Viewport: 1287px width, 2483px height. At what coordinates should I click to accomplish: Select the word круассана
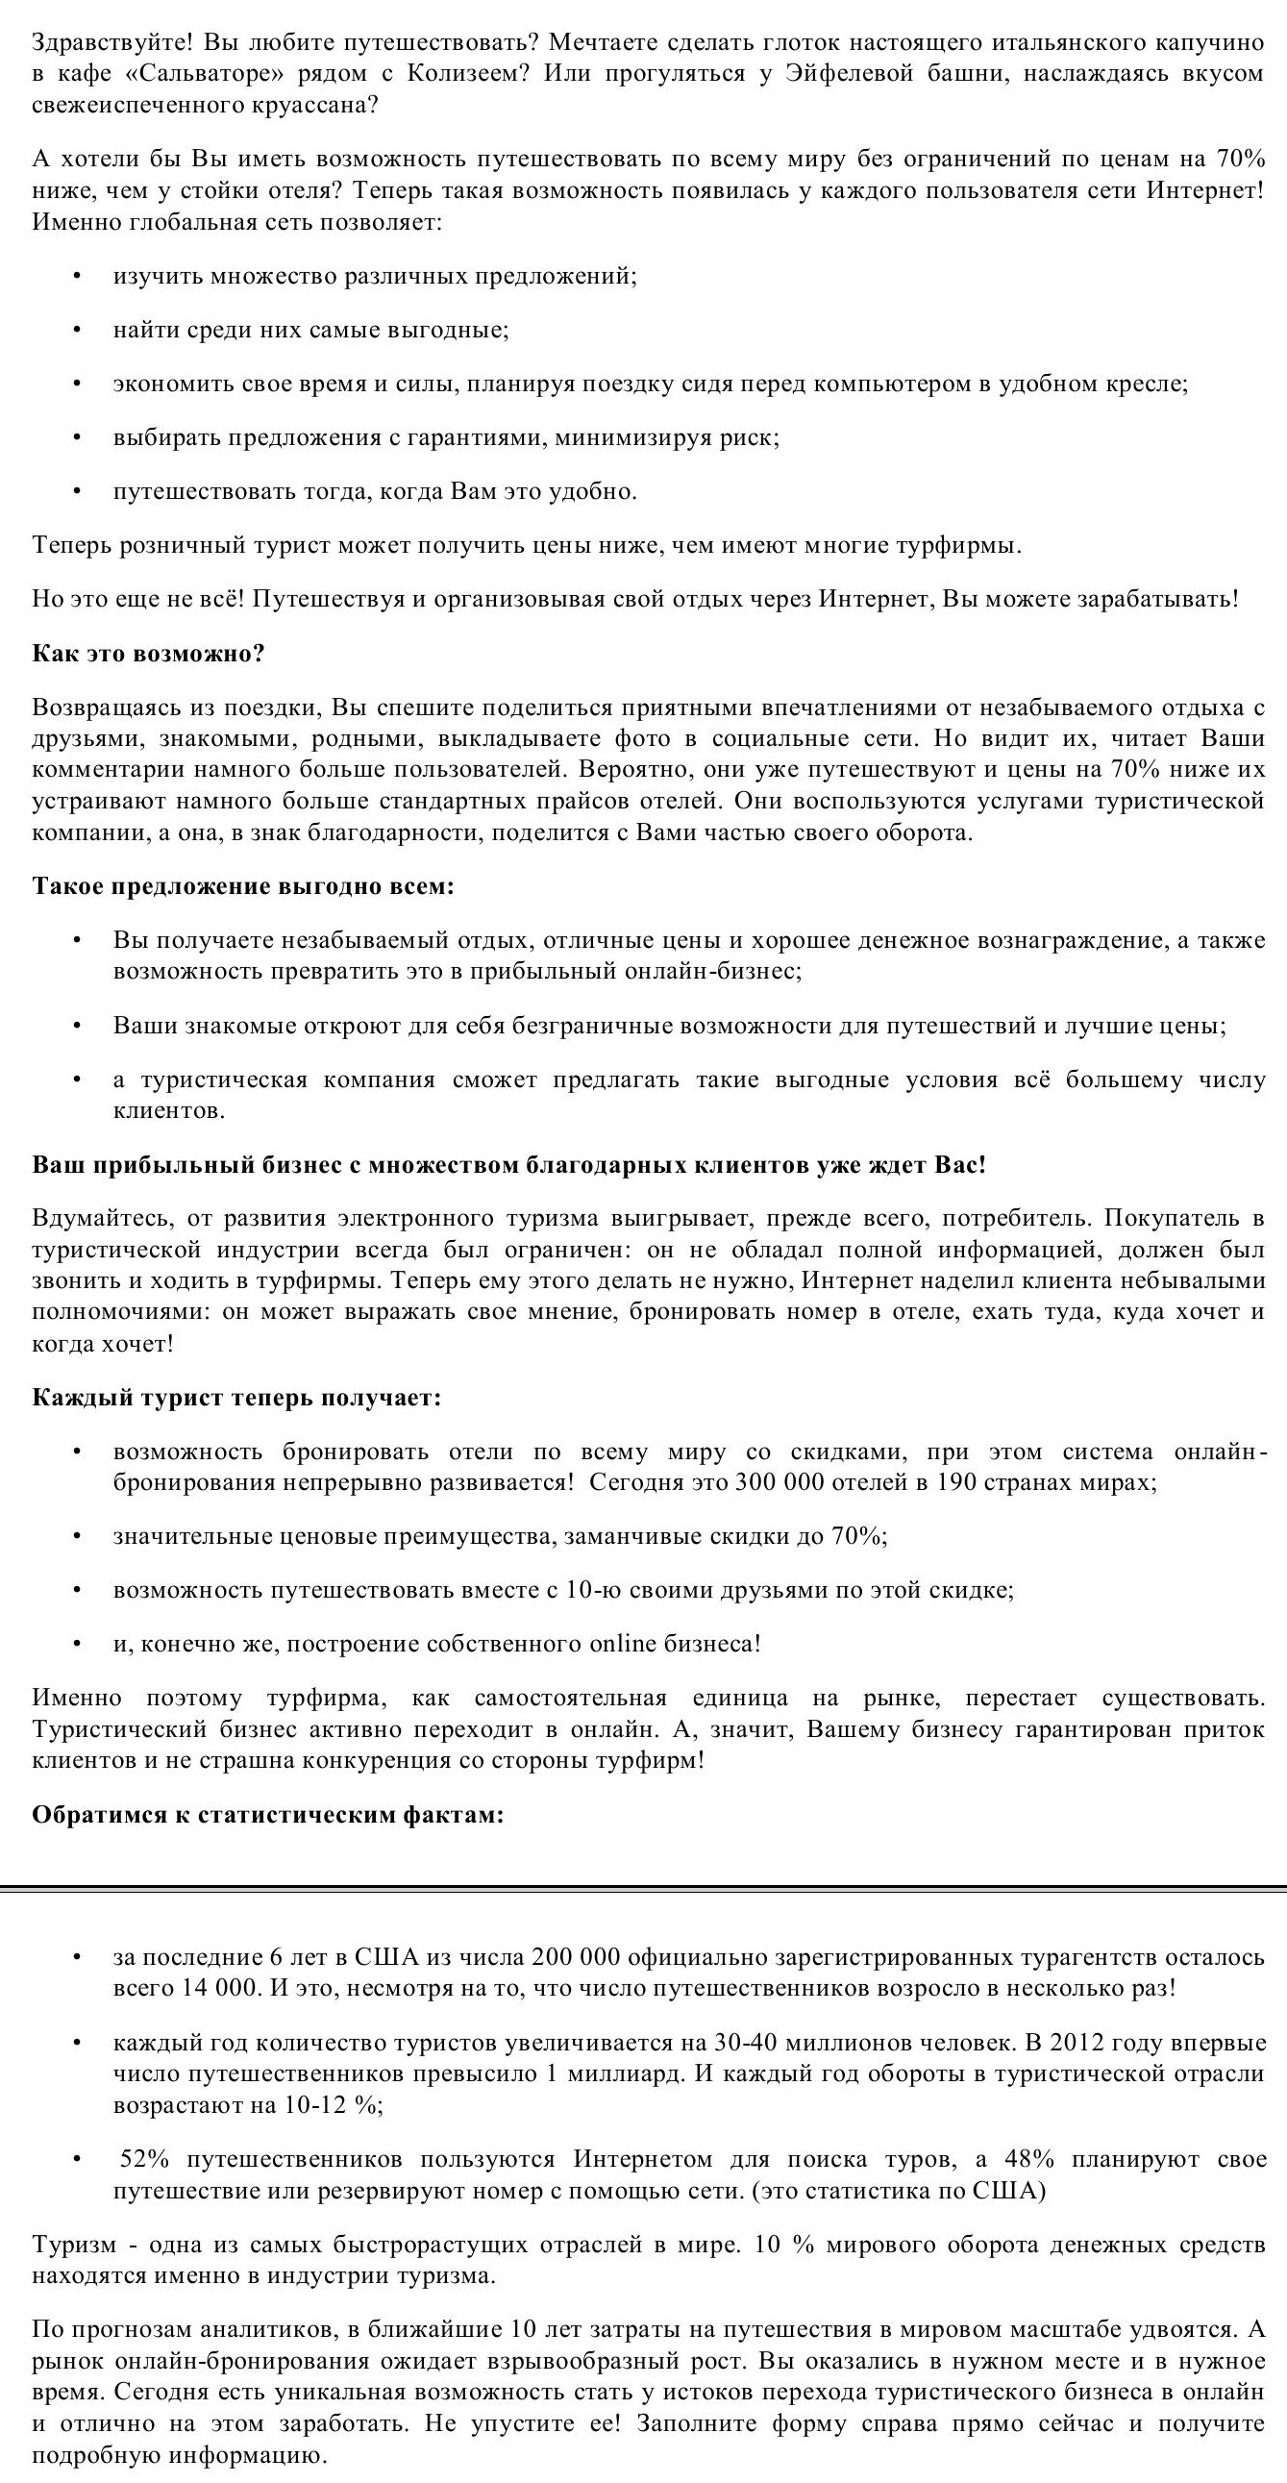[313, 105]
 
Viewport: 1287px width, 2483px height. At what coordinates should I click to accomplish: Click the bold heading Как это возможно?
[148, 654]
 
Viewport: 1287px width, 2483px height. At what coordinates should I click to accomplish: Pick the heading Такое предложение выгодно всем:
[243, 885]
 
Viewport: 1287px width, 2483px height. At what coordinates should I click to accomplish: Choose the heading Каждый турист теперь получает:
[236, 1398]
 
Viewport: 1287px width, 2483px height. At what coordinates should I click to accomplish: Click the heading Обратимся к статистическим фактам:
[268, 1815]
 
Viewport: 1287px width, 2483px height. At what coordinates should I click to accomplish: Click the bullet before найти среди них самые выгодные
[77, 331]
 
